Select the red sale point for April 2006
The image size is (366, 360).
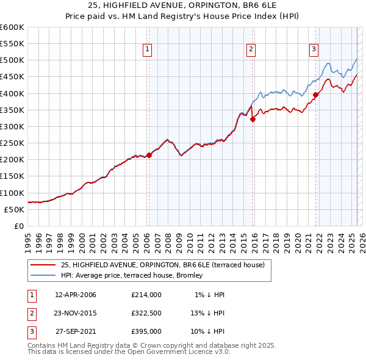[x=149, y=155]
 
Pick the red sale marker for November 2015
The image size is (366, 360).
[x=253, y=120]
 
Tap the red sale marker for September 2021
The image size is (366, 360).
[x=316, y=95]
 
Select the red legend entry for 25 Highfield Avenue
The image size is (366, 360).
[x=162, y=265]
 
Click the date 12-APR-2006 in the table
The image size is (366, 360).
[x=76, y=295]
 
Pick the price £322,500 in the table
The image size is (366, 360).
[x=146, y=313]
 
